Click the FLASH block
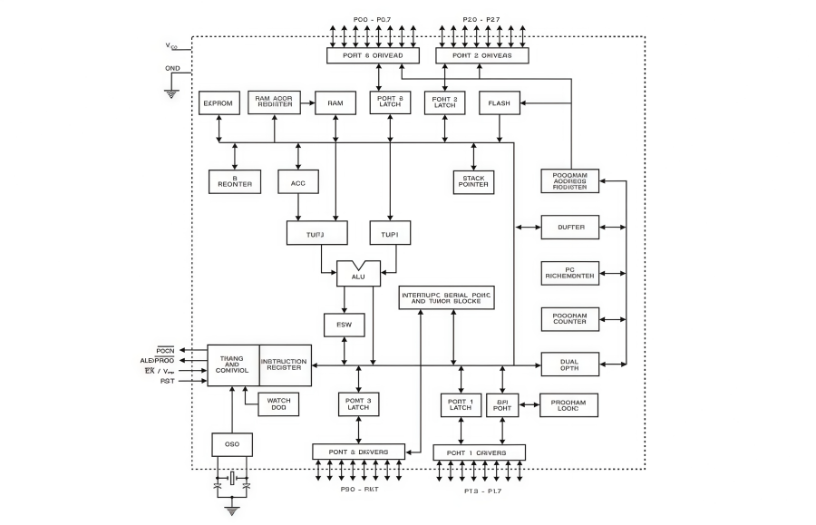tap(499, 103)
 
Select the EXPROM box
tap(219, 103)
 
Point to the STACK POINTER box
tap(473, 181)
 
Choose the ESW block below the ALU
tap(345, 325)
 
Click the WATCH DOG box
tap(278, 403)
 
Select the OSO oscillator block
tap(233, 444)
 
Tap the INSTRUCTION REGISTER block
tap(285, 365)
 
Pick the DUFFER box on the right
tap(570, 227)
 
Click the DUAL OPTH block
tap(570, 364)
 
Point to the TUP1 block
tap(390, 234)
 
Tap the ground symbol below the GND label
tap(171, 92)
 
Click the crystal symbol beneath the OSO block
tap(233, 478)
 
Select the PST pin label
tap(168, 382)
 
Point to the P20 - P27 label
tap(481, 16)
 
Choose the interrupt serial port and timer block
tap(447, 297)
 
